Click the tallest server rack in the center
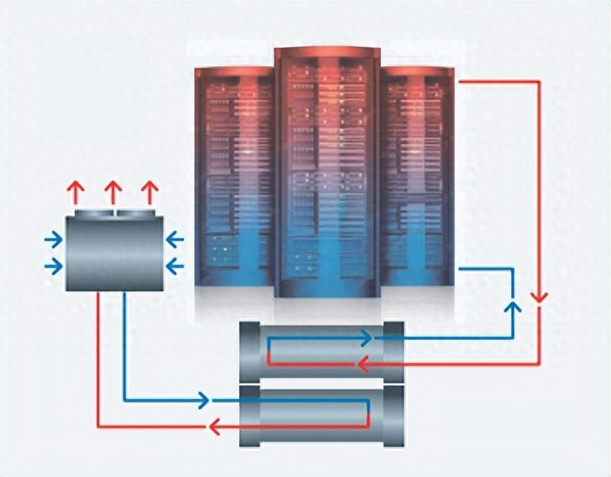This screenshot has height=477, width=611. pos(327,172)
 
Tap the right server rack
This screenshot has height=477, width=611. pos(417,176)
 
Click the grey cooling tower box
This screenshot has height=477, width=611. pos(114,250)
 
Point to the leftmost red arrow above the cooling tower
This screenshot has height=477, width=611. pos(75,193)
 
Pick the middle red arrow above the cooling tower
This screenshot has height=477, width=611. pos(113,193)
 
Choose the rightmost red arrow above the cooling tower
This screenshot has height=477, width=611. pos(149,193)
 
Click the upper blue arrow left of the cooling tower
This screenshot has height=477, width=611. pos(53,240)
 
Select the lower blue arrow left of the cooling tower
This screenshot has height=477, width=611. pos(53,266)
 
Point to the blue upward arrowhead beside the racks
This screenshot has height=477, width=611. pos(514,308)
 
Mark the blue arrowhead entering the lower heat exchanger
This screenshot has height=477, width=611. pos(204,401)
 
